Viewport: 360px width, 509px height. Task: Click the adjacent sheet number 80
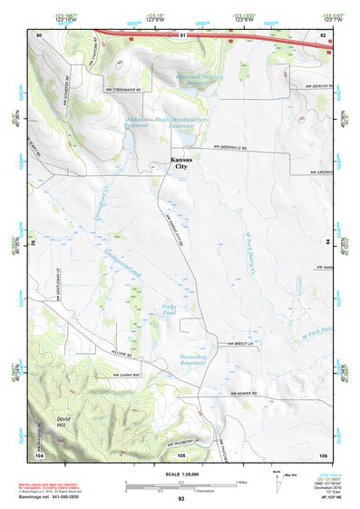click(x=39, y=34)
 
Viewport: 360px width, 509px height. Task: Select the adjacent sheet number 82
click(x=322, y=34)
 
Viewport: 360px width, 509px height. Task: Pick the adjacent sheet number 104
click(x=39, y=454)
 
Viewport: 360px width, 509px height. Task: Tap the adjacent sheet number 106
click(x=322, y=454)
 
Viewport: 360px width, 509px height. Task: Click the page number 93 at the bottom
click(x=181, y=499)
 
